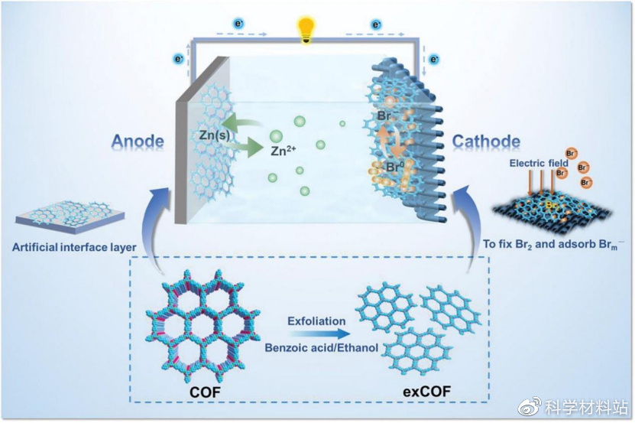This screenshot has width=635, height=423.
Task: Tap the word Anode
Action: tap(138, 142)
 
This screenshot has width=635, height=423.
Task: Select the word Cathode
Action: tap(486, 142)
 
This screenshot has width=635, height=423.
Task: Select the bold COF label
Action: tap(205, 393)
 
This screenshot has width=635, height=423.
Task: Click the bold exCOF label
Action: tap(426, 393)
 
